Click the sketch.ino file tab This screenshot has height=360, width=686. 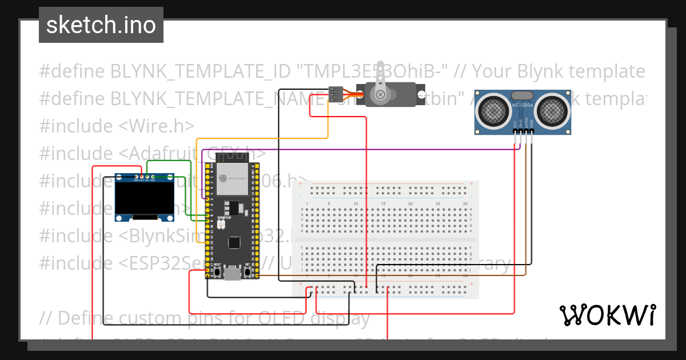pos(101,25)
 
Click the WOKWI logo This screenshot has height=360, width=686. pos(607,315)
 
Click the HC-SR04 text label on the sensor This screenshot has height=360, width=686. pos(523,106)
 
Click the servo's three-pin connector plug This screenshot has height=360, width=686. pos(336,91)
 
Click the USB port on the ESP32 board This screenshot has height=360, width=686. pos(232,275)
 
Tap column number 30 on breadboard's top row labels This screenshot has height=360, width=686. pos(465,204)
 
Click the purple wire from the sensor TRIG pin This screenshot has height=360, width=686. pos(400,150)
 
